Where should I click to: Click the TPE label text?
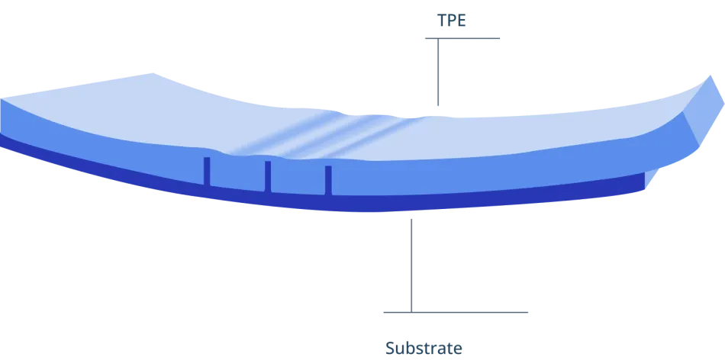pos(451,21)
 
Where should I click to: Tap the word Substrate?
pos(424,348)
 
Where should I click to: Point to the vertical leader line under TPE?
pos(438,72)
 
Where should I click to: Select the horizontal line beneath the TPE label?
pos(462,38)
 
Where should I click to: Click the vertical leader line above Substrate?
pos(411,265)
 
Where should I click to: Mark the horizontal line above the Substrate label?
pos(456,313)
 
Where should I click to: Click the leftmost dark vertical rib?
pos(207,172)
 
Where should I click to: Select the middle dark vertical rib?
pos(268,176)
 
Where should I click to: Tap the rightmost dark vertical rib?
pos(328,180)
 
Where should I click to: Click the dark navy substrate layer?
pos(370,204)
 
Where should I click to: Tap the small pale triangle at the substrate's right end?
pos(650,178)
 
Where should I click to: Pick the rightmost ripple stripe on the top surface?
pos(370,137)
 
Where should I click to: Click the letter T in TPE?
pos(442,21)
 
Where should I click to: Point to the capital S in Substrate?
pos(390,348)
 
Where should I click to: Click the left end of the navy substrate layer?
pos(2,140)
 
